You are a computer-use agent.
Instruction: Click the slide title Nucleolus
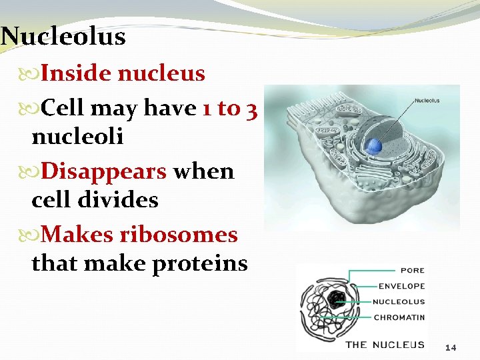(x=63, y=36)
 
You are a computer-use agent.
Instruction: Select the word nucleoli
(x=77, y=137)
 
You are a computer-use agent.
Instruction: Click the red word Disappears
(x=104, y=171)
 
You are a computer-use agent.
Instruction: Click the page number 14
(x=451, y=347)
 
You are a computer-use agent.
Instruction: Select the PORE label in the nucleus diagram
(x=411, y=271)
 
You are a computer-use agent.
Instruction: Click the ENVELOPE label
(x=401, y=286)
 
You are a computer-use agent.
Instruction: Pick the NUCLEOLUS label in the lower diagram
(x=399, y=301)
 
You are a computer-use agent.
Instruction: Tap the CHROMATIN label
(x=399, y=317)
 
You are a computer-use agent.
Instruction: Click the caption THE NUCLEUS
(x=385, y=345)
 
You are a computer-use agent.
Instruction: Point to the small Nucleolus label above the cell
(x=427, y=101)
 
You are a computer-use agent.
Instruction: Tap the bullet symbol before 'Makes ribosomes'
(x=35, y=235)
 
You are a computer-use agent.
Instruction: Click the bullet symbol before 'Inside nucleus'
(x=35, y=73)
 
